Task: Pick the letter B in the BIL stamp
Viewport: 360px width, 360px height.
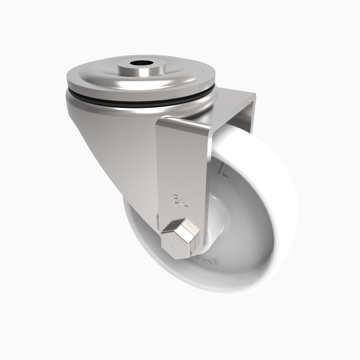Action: click(x=175, y=198)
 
